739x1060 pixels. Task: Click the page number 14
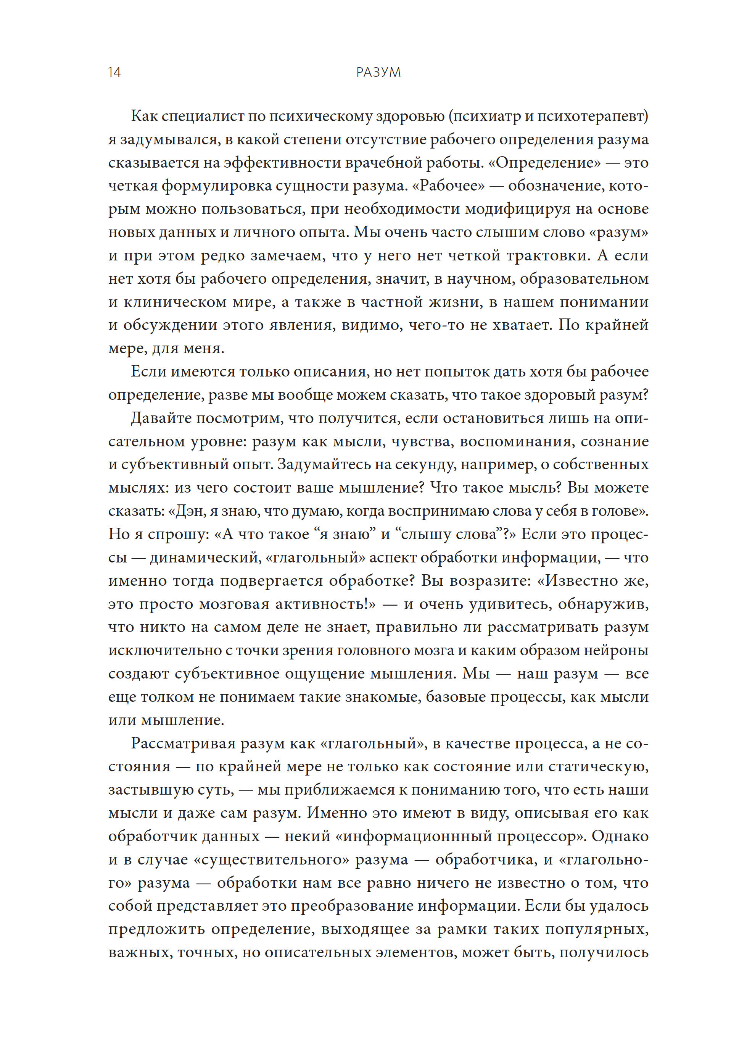(114, 73)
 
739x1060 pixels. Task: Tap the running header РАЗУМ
(378, 73)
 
